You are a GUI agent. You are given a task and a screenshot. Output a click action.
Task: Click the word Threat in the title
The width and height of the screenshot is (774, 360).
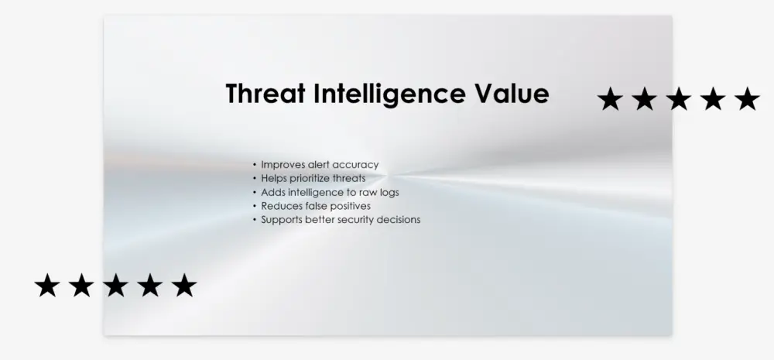[x=265, y=94]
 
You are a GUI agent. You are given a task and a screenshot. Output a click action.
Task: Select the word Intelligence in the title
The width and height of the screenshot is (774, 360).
[x=389, y=94]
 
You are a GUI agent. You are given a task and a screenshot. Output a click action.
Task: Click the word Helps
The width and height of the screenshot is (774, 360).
[x=273, y=178]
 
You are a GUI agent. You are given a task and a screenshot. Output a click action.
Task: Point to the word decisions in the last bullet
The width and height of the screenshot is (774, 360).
[x=399, y=220]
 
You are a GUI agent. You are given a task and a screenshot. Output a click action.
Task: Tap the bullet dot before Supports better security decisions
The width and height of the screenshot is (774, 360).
[x=255, y=220]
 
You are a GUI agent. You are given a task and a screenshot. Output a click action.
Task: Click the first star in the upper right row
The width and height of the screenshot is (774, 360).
[x=610, y=99]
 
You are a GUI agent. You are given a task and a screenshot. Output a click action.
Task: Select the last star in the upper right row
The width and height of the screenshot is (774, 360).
[x=747, y=99]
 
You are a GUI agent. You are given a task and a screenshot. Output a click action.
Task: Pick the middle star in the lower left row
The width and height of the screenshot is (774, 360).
[x=115, y=286]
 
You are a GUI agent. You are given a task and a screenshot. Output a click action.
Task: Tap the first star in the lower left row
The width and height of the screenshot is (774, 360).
[x=47, y=286]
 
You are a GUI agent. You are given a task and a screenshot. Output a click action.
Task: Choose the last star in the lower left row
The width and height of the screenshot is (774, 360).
[x=184, y=286]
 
